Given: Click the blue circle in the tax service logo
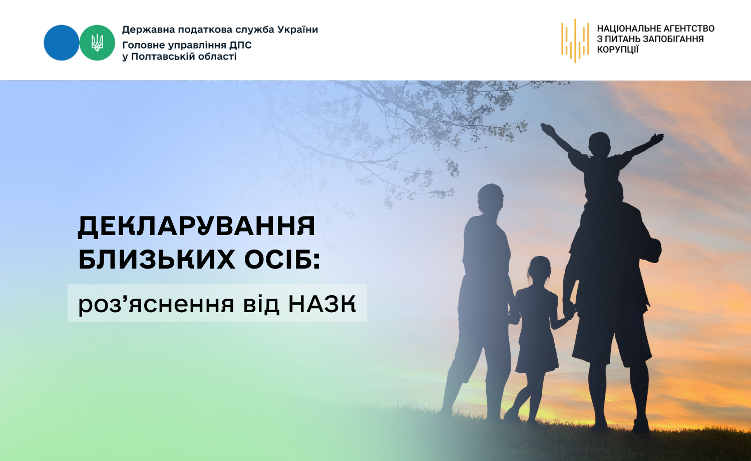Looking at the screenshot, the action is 62,43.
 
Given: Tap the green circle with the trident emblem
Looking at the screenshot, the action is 97,43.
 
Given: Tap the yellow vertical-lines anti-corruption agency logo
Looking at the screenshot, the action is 575,41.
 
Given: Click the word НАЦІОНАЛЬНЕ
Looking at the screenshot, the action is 625,29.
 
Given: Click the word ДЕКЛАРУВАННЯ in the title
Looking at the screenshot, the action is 197,226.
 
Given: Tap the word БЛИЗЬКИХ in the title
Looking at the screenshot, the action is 157,260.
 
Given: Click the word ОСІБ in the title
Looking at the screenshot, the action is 282,260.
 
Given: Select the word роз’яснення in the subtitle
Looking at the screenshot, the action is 156,304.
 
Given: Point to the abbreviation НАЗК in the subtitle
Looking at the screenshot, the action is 322,304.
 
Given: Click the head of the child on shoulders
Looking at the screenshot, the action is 600,144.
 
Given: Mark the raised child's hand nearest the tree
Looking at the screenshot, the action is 547,129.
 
